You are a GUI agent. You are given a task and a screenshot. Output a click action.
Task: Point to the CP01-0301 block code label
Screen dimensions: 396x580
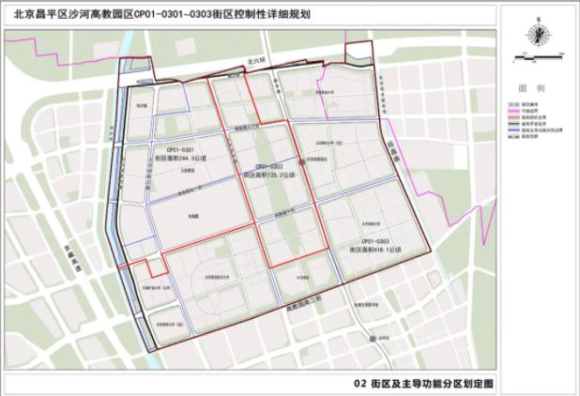(179, 150)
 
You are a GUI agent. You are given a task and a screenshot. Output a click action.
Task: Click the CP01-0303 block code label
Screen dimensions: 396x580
(369, 242)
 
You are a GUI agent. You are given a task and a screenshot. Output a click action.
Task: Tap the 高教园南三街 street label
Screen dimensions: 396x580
(302, 298)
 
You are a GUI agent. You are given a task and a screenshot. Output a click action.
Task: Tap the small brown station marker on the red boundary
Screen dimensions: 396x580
(301, 163)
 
